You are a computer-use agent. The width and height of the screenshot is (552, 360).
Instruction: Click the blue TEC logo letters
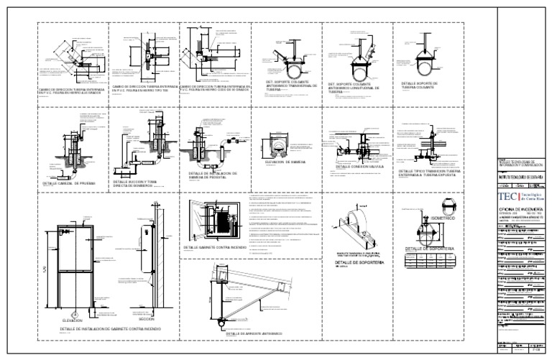[x=505, y=194]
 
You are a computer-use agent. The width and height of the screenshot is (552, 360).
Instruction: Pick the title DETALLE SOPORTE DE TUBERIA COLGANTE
[x=419, y=86]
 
